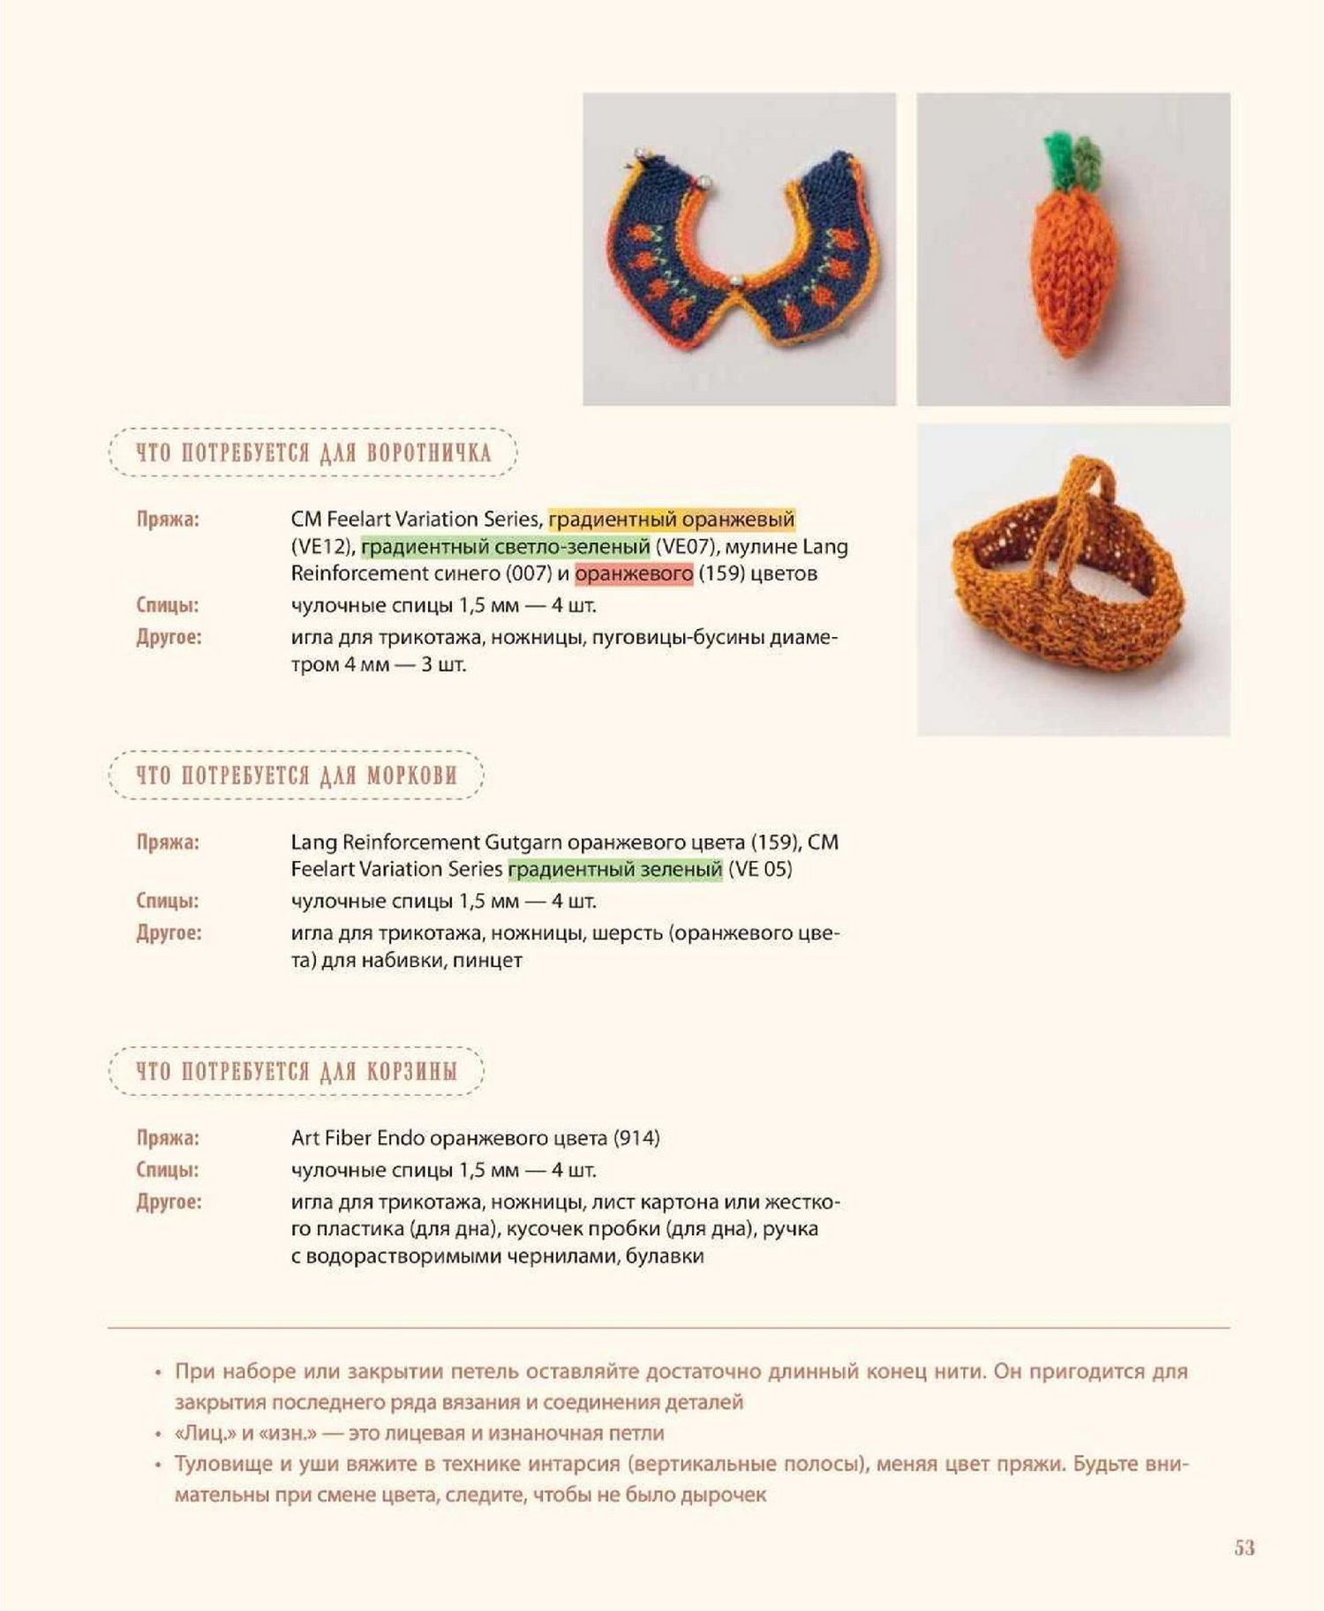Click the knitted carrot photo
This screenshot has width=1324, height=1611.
point(1072,249)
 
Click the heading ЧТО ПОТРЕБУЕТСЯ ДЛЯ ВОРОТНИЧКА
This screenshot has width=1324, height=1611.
point(312,453)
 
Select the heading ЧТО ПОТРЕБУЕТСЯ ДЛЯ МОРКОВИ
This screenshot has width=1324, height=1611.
point(297,776)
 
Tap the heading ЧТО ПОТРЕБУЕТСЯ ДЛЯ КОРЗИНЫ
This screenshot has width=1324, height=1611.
point(297,1071)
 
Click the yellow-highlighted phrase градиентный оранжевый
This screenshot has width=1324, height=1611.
point(671,519)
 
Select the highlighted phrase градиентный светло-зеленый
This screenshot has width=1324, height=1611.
point(506,546)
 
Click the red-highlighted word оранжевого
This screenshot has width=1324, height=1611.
point(634,573)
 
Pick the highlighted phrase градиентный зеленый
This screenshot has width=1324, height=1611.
point(615,869)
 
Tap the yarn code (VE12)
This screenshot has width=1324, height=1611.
point(321,546)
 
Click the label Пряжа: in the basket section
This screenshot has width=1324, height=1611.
point(168,1138)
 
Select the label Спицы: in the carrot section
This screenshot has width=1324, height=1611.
point(168,901)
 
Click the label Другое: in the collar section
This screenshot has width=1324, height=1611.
point(169,637)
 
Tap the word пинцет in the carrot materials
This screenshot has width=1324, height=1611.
point(487,960)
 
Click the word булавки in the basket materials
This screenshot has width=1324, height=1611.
point(665,1255)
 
